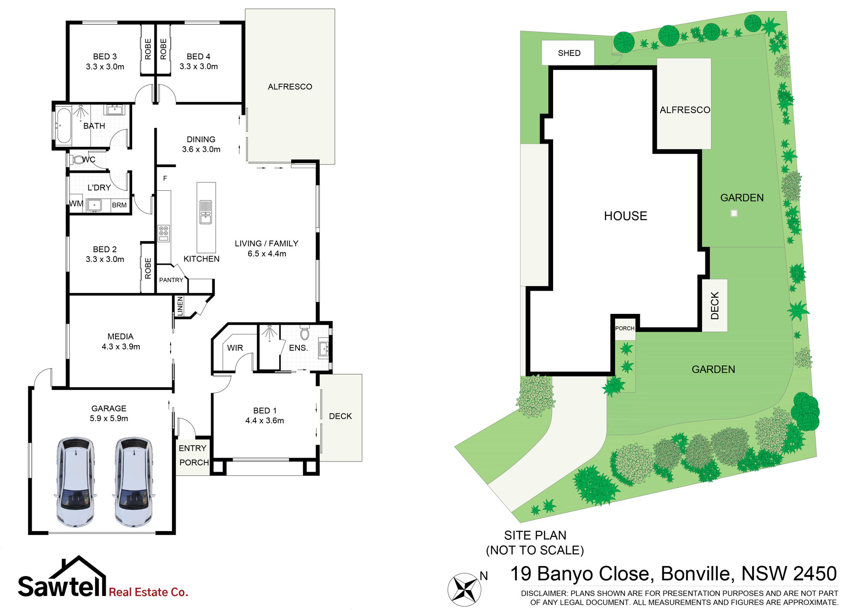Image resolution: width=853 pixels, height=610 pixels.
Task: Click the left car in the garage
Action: point(75,482)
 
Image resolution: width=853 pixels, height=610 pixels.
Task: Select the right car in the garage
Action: point(133,482)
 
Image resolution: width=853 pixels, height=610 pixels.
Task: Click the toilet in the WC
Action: point(77,160)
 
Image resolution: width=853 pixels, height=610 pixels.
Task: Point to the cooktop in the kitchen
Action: point(164,233)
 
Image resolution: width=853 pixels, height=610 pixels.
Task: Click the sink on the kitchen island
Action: point(206,212)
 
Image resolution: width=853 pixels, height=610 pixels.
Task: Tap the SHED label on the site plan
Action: point(569,53)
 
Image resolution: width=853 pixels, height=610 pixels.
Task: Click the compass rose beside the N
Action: point(464,590)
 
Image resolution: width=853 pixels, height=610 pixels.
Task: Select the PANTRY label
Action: point(171,280)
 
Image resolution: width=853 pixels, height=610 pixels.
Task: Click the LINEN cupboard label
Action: point(180,306)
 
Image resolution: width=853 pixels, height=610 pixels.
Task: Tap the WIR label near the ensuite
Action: point(235,348)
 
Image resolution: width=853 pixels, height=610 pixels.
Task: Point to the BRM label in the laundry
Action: point(119,205)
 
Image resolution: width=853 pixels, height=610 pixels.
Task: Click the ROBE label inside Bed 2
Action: point(148,268)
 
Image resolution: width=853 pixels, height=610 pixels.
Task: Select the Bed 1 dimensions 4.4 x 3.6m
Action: point(264,421)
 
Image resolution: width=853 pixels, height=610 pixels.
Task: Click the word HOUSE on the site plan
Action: point(626,216)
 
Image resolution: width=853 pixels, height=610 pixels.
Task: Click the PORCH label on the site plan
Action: point(625,328)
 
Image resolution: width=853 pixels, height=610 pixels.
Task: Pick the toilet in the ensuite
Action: point(305,332)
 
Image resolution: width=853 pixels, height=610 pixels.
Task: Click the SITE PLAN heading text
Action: point(535,535)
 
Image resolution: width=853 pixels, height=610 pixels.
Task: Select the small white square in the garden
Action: point(734,213)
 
